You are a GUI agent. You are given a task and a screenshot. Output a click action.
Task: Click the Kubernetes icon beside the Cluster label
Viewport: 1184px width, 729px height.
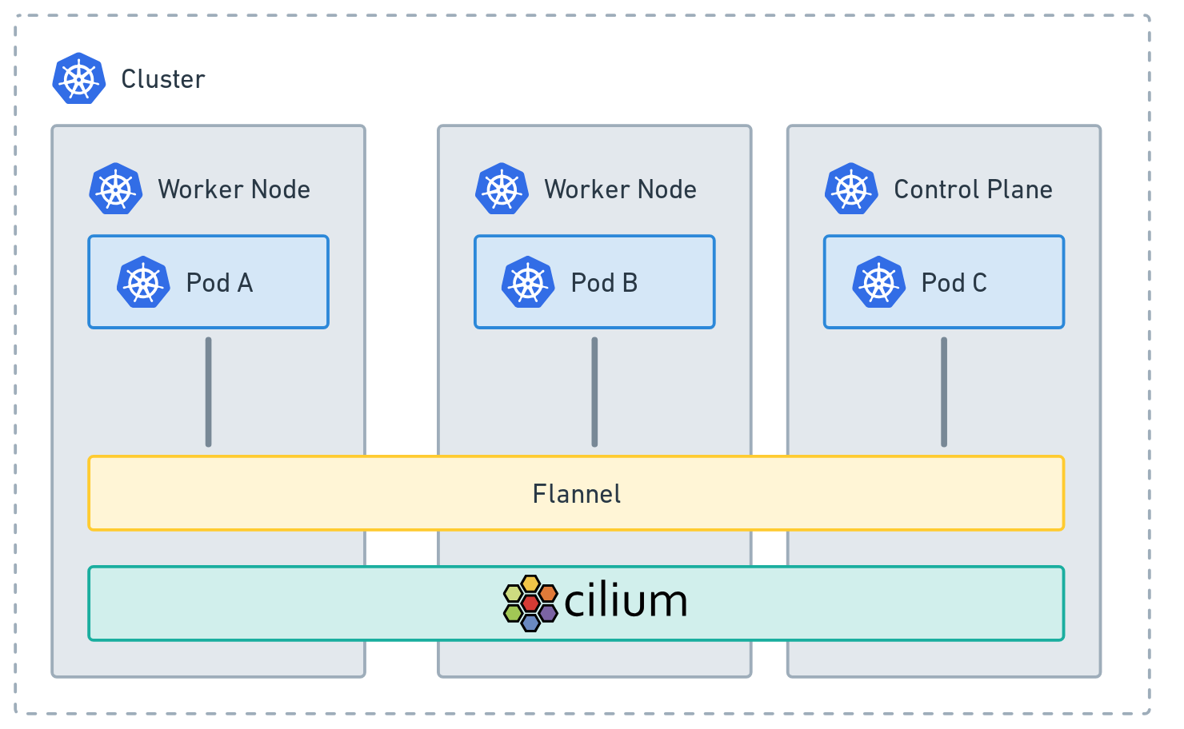pyautogui.click(x=79, y=79)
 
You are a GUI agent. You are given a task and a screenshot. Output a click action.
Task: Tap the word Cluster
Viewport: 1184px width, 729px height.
pyautogui.click(x=163, y=79)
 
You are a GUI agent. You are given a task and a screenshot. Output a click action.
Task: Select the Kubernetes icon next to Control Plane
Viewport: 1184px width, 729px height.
pyautogui.click(x=851, y=189)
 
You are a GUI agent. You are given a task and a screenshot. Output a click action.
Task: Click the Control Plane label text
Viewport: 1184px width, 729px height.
pyautogui.click(x=973, y=189)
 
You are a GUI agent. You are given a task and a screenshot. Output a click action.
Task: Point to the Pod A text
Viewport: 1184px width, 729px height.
pyautogui.click(x=219, y=283)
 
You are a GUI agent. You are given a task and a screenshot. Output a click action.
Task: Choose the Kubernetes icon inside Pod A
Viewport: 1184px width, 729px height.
pyautogui.click(x=143, y=283)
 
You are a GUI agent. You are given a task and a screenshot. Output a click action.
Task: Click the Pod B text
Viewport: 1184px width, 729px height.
pyautogui.click(x=604, y=283)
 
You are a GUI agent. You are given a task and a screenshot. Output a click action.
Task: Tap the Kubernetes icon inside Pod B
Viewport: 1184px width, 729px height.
pyautogui.click(x=528, y=283)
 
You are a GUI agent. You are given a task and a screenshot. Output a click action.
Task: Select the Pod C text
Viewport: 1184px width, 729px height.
pyautogui.click(x=954, y=283)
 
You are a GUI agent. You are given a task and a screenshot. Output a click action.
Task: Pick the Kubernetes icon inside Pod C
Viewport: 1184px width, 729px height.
pyautogui.click(x=878, y=283)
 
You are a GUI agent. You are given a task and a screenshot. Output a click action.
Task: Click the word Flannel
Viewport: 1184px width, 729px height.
pyautogui.click(x=576, y=494)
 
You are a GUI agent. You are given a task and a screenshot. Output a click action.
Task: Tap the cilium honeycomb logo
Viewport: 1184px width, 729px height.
pyautogui.click(x=530, y=603)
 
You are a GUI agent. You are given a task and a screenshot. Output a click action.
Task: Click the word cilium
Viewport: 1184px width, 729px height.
pyautogui.click(x=626, y=602)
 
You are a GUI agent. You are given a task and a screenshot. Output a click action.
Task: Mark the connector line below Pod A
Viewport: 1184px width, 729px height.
pyautogui.click(x=208, y=392)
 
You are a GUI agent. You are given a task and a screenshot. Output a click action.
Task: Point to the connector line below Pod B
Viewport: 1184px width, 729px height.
pyautogui.click(x=594, y=392)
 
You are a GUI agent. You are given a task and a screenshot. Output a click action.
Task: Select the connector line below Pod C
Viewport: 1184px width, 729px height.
pyautogui.click(x=944, y=392)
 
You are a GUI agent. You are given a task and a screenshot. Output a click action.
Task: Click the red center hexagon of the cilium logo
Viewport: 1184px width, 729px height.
pyautogui.click(x=530, y=603)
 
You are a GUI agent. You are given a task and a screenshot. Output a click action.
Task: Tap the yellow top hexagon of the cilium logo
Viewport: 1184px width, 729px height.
pyautogui.click(x=530, y=584)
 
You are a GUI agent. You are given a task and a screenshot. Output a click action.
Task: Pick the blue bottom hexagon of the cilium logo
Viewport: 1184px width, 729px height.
pyautogui.click(x=530, y=622)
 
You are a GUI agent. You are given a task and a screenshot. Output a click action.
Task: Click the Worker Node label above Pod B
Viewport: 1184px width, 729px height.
pyautogui.click(x=620, y=189)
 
